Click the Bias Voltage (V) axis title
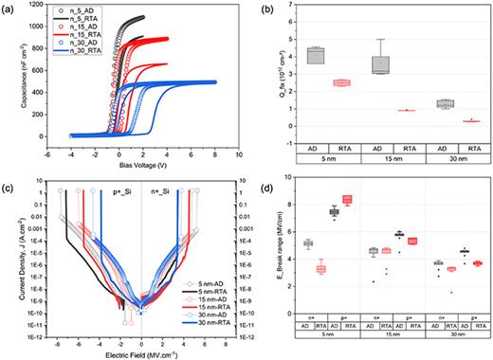(x=143, y=171)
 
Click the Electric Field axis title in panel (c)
(x=141, y=352)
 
